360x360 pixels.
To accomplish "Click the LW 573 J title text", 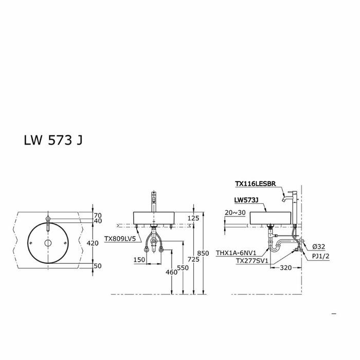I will pyautogui.click(x=53, y=141).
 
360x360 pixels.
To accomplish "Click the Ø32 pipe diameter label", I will pyautogui.click(x=318, y=246).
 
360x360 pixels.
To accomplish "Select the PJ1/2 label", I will pyautogui.click(x=321, y=256).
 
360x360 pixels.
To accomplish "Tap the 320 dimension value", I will pyautogui.click(x=286, y=267).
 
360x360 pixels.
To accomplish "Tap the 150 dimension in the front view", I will pyautogui.click(x=139, y=260).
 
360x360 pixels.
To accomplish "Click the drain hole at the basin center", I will pyautogui.click(x=47, y=242).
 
